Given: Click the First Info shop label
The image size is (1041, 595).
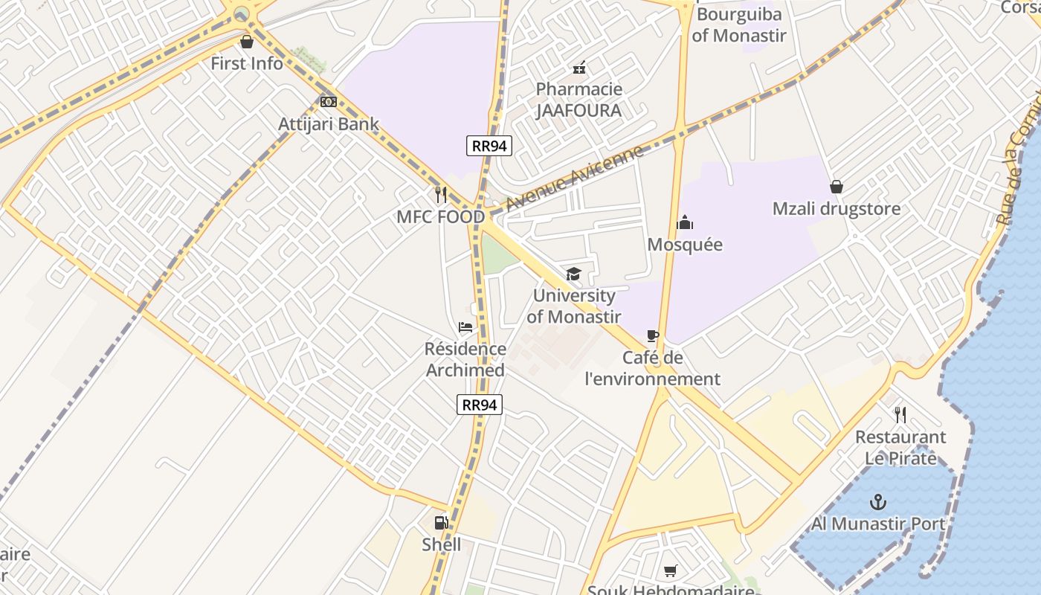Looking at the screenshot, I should point(247,63).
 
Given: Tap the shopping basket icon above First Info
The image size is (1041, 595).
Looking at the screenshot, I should point(247,42).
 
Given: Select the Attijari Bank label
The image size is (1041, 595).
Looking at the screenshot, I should point(329,124).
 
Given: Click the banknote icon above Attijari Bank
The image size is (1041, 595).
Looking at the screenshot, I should point(329,102).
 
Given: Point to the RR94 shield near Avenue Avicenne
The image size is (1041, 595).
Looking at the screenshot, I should point(489,146).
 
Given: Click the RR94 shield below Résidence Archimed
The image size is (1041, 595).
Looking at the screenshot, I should point(480,405).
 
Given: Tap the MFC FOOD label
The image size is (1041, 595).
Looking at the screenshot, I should point(441,217).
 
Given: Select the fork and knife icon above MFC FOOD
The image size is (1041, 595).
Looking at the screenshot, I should point(441,195).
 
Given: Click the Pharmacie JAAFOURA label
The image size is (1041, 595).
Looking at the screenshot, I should point(579,100).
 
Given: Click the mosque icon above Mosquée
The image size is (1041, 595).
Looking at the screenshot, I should point(685,222).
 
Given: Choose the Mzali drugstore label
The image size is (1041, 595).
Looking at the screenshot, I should point(837,209).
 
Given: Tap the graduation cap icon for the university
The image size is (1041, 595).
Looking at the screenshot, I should point(573,274).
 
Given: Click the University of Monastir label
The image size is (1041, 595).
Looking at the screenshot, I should point(574,306).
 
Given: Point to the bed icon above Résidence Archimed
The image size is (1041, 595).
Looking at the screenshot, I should point(465,327).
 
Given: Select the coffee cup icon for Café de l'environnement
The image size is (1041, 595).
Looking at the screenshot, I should point(653,336).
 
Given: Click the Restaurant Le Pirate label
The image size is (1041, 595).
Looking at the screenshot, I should point(900,447).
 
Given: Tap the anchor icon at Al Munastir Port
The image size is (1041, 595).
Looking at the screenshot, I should point(878,502).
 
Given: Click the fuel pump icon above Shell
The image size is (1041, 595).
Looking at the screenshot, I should point(441,523).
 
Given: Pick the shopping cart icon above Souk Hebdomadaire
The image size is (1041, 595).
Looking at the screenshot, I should point(671,571).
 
